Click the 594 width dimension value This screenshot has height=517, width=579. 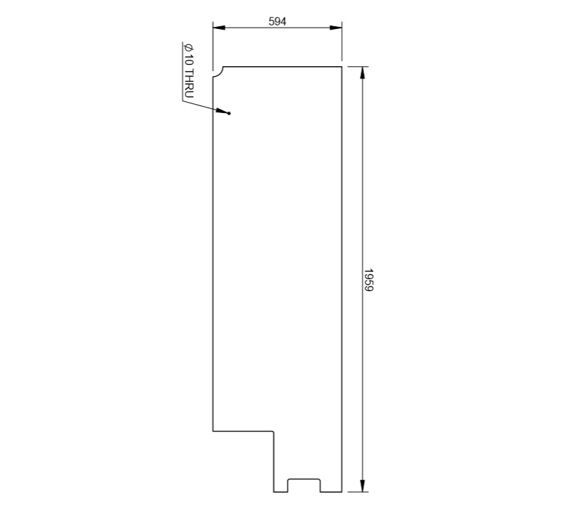(x=277, y=21)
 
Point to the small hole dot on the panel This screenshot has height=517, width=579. (x=230, y=114)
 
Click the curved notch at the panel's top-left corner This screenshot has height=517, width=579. (x=218, y=72)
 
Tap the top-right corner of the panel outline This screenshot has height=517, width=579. (x=343, y=66)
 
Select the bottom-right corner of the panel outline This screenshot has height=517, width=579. (x=343, y=492)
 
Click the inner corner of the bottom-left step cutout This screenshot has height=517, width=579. (x=274, y=432)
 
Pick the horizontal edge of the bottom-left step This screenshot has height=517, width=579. (x=243, y=432)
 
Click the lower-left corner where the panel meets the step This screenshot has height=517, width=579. (x=213, y=432)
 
